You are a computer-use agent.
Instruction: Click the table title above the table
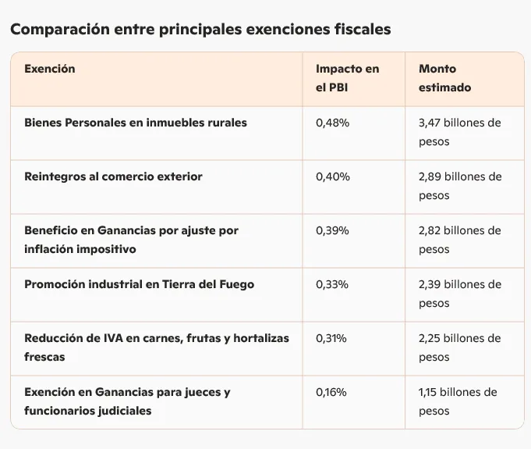pyautogui.click(x=200, y=30)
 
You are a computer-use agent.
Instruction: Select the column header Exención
pyautogui.click(x=50, y=69)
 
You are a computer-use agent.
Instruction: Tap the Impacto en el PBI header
pyautogui.click(x=347, y=78)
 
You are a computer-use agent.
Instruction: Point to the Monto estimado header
pyautogui.click(x=444, y=78)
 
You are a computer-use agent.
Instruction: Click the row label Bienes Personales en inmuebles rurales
pyautogui.click(x=136, y=123)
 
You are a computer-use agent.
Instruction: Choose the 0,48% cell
pyautogui.click(x=333, y=123)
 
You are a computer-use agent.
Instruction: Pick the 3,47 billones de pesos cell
pyautogui.click(x=459, y=132)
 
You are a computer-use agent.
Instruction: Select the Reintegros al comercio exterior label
pyautogui.click(x=113, y=176)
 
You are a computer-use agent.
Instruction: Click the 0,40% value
pyautogui.click(x=333, y=176)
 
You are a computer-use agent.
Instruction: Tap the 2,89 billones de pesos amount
pyautogui.click(x=459, y=186)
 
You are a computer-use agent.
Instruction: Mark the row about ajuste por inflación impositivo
pyautogui.click(x=131, y=240)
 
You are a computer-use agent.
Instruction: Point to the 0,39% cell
pyautogui.click(x=333, y=230)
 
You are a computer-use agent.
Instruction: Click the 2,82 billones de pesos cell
pyautogui.click(x=459, y=240)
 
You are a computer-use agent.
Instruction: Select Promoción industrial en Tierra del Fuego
pyautogui.click(x=140, y=284)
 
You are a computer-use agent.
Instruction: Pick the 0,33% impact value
pyautogui.click(x=332, y=284)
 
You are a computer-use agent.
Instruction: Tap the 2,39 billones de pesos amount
pyautogui.click(x=459, y=294)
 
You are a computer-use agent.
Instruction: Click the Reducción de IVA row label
pyautogui.click(x=156, y=347)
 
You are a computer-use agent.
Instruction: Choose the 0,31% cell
pyautogui.click(x=331, y=338)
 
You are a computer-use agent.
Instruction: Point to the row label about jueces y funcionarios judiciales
pyautogui.click(x=127, y=401)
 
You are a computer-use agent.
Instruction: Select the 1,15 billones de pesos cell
pyautogui.click(x=457, y=401)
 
